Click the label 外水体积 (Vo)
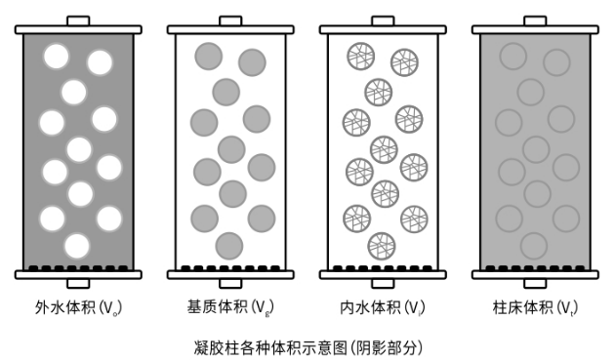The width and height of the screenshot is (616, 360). (x=78, y=308)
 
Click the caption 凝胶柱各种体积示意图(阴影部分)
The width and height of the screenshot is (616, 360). (x=309, y=345)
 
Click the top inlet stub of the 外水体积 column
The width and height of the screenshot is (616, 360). (x=78, y=20)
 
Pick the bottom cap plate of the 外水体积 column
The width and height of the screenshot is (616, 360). (x=78, y=274)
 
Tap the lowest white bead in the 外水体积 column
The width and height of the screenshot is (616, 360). (x=77, y=245)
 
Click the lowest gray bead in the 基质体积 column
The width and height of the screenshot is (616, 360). (x=228, y=245)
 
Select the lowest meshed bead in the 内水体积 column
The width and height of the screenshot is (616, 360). (x=382, y=244)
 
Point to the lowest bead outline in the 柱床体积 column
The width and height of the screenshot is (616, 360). (x=533, y=245)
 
